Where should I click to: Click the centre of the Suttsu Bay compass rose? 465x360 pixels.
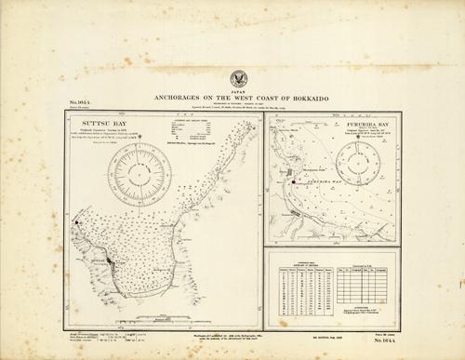point(139,174)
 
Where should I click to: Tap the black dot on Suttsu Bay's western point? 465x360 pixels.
point(76,224)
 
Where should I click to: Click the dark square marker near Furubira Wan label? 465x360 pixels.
point(294,181)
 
